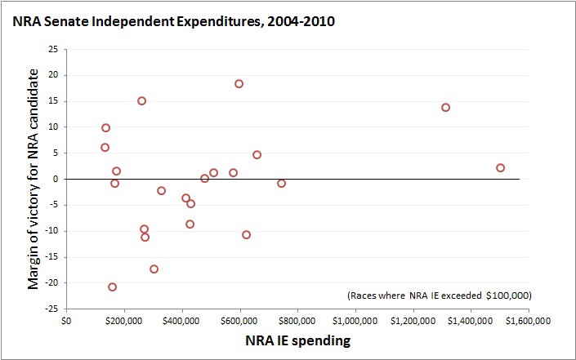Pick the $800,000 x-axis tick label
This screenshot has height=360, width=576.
297,320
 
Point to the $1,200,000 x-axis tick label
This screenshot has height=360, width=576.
413,320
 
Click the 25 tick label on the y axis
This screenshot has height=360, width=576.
52,49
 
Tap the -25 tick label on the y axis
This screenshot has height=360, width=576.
51,309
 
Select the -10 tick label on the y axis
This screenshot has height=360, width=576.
51,231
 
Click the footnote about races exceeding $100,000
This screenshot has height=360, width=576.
439,295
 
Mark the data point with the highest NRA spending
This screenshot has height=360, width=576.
500,168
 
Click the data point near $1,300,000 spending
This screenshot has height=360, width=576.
445,108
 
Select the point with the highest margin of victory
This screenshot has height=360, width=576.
239,84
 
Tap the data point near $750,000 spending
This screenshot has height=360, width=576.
281,184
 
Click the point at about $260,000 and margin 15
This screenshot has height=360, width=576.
141,101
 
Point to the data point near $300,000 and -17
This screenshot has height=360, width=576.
154,269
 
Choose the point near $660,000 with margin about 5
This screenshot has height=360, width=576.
257,155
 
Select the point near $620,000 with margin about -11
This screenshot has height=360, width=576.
246,235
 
